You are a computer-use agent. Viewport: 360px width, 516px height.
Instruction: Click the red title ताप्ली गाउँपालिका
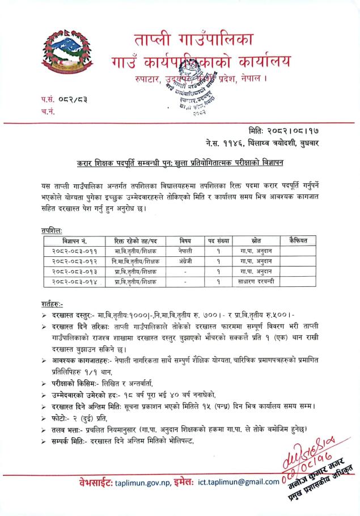pos(195,42)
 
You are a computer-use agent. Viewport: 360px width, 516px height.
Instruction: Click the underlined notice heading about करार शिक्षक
pos(180,163)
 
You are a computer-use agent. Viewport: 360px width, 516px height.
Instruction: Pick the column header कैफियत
pos(298,240)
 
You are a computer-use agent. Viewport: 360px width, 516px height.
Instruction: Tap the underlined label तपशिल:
pos(44,231)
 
